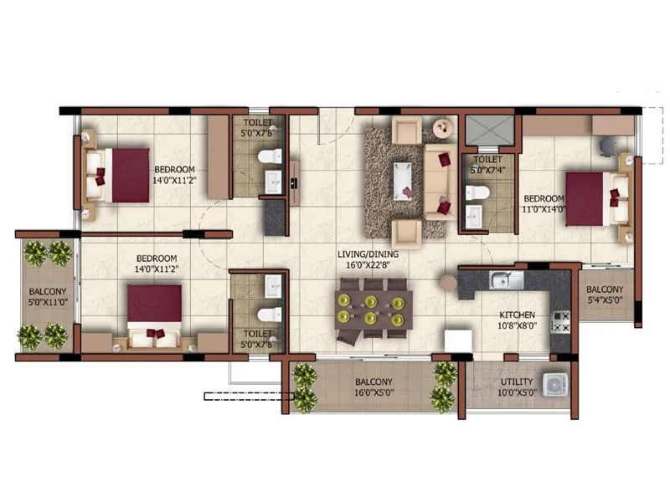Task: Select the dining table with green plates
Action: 374,308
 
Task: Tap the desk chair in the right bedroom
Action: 606,143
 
